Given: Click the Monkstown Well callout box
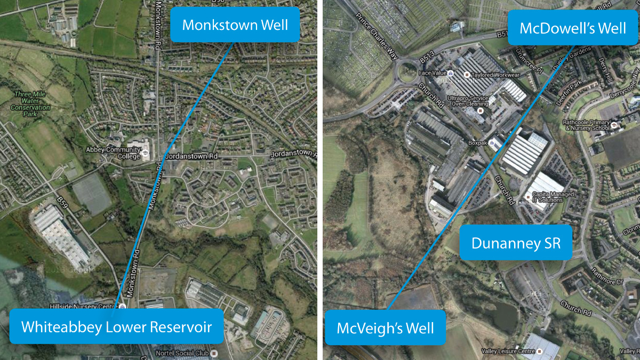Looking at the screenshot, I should click(x=235, y=25).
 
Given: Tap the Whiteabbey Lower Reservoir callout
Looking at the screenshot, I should click(x=116, y=326).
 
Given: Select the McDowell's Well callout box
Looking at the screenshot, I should click(x=572, y=28).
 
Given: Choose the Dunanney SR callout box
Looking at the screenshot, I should click(x=516, y=243).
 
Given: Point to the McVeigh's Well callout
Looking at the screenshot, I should click(x=385, y=327).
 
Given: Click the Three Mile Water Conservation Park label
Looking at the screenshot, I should click(x=31, y=103).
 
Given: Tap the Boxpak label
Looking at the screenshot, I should click(x=478, y=143).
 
